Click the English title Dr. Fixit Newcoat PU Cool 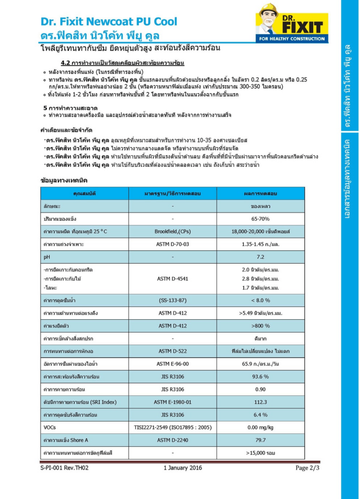tap(109, 21)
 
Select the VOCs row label tap(50, 427)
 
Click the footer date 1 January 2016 tap(182, 468)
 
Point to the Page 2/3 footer tap(307, 468)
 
